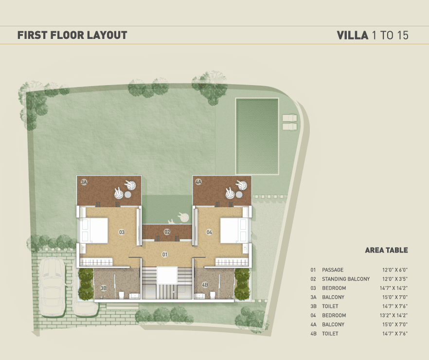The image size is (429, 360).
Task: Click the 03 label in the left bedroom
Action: click(122, 232)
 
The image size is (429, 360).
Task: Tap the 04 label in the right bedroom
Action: click(209, 232)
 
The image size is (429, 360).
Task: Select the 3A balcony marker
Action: click(84, 181)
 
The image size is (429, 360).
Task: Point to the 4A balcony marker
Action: click(198, 181)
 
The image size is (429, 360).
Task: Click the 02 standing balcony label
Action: click(167, 232)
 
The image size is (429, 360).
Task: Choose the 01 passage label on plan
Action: click(165, 255)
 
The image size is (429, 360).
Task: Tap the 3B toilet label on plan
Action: click(104, 288)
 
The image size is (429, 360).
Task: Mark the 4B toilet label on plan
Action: click(205, 285)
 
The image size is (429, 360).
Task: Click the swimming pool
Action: click(257, 136)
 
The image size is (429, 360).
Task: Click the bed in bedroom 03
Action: click(94, 230)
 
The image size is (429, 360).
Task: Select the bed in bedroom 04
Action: click(234, 230)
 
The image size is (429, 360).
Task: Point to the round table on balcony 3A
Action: click(128, 195)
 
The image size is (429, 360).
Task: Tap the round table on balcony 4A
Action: click(239, 195)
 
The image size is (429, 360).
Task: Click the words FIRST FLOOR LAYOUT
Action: click(72, 36)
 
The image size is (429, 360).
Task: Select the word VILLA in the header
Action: click(352, 36)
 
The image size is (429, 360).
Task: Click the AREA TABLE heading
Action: click(386, 250)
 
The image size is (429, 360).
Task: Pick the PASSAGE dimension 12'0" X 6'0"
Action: click(395, 270)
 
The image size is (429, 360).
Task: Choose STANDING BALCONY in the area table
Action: click(346, 279)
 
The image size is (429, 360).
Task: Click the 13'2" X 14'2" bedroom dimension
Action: click(393, 315)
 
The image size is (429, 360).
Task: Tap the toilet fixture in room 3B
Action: click(122, 295)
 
